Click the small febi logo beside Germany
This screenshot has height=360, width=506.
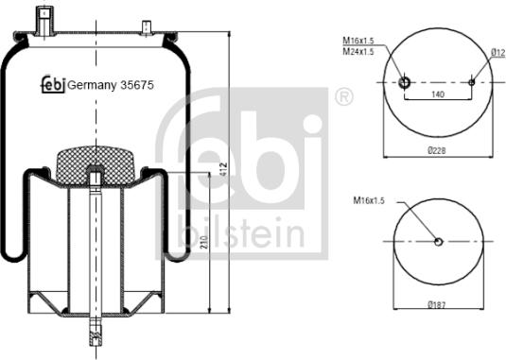pos(51,85)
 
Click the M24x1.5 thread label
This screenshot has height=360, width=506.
pos(358,52)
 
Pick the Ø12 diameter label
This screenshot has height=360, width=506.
pos(497,52)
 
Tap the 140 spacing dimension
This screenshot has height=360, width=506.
pos(438,95)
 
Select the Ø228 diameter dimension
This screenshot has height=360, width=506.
pos(437,150)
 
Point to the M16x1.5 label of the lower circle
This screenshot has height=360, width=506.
pos(370,201)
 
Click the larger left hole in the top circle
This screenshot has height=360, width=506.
pos(405,82)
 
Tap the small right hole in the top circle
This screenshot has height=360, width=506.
pos(471,82)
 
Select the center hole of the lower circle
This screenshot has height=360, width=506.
pos(438,242)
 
